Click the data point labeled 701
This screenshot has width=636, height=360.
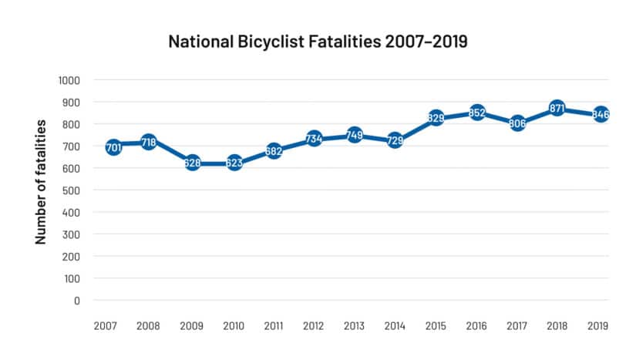coord(113,146)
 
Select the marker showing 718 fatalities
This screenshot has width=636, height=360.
coord(149,143)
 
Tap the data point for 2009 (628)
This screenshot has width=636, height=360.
coord(192,163)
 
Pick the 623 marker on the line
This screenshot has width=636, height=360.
coord(234,163)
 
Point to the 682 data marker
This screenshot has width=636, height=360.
coord(274,150)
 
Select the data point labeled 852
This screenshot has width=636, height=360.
coord(477,113)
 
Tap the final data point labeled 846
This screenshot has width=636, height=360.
coord(601,115)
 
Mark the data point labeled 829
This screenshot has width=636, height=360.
coord(436,118)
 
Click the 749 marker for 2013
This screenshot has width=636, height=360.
coord(355,136)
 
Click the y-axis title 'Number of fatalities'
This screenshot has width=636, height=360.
coord(41,182)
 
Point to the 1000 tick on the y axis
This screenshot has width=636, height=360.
coord(69,80)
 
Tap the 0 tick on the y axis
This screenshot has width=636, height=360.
coord(77,301)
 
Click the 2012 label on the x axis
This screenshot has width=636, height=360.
coord(312,327)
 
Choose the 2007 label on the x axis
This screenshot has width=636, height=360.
coord(106,327)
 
